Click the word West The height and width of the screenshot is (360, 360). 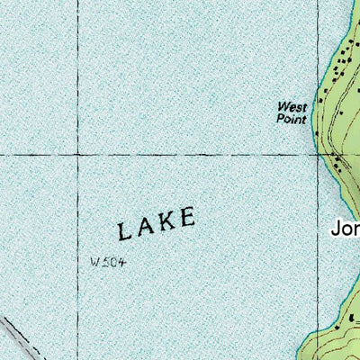[x=292, y=106]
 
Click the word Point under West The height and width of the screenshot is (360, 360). [x=292, y=118]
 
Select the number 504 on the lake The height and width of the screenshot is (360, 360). [x=112, y=262]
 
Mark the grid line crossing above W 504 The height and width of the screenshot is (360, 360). [x=76, y=154]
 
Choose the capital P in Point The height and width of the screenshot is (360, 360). [x=280, y=118]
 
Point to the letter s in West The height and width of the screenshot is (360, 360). [x=297, y=106]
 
